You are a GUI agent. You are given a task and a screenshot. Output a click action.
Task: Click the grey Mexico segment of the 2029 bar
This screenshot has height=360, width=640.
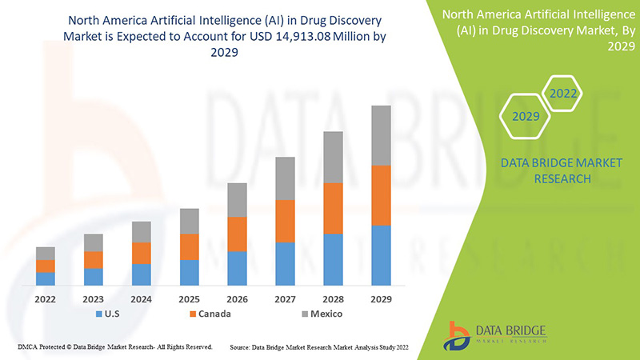tap(381, 135)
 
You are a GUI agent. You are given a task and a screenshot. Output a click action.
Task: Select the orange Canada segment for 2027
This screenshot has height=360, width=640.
tap(285, 221)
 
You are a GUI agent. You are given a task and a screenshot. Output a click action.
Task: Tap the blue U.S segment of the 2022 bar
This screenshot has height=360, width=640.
tap(46, 278)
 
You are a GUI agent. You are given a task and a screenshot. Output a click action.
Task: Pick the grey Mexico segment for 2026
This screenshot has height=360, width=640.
tap(237, 200)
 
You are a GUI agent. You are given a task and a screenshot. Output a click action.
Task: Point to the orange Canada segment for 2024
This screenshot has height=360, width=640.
tap(142, 253)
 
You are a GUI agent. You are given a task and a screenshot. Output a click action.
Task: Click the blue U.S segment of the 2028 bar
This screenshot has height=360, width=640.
tap(333, 259)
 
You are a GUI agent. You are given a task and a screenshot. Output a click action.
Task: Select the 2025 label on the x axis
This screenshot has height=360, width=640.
tap(189, 298)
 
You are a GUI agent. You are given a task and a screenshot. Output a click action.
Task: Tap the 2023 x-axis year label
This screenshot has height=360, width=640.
tap(94, 298)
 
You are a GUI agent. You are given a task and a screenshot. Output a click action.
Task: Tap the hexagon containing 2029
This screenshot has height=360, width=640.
tap(525, 117)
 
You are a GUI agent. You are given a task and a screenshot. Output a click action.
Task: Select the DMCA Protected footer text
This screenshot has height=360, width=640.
tap(114, 347)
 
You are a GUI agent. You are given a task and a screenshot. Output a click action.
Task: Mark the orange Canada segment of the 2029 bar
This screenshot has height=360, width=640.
tap(381, 195)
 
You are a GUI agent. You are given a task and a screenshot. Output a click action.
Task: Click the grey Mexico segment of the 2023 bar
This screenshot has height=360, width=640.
tap(94, 242)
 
